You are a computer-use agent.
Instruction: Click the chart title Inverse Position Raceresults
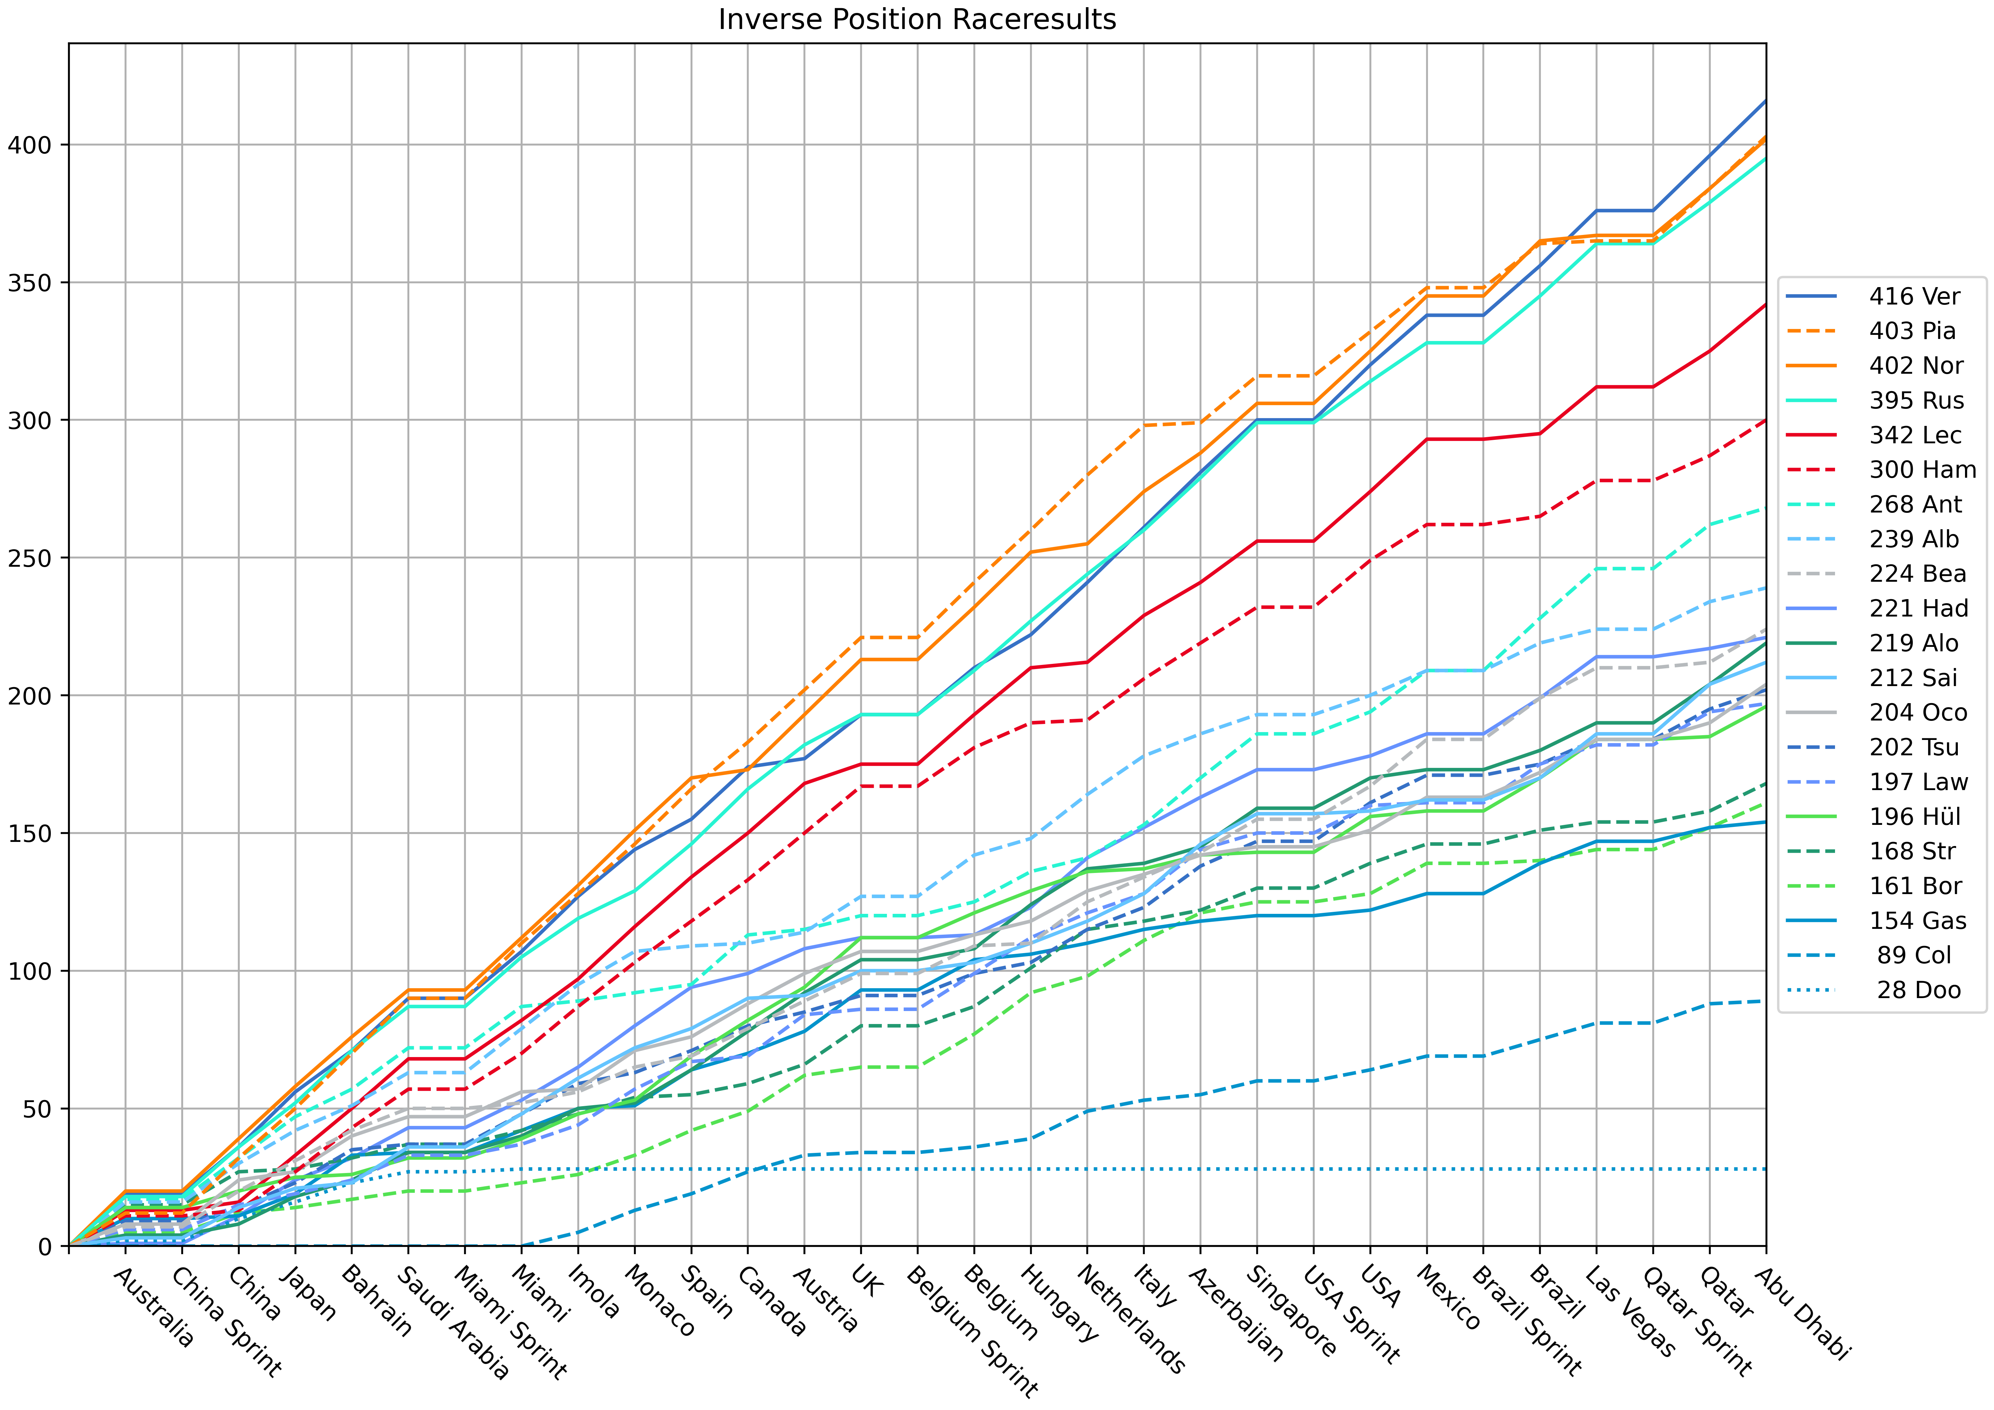[x=917, y=19]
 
